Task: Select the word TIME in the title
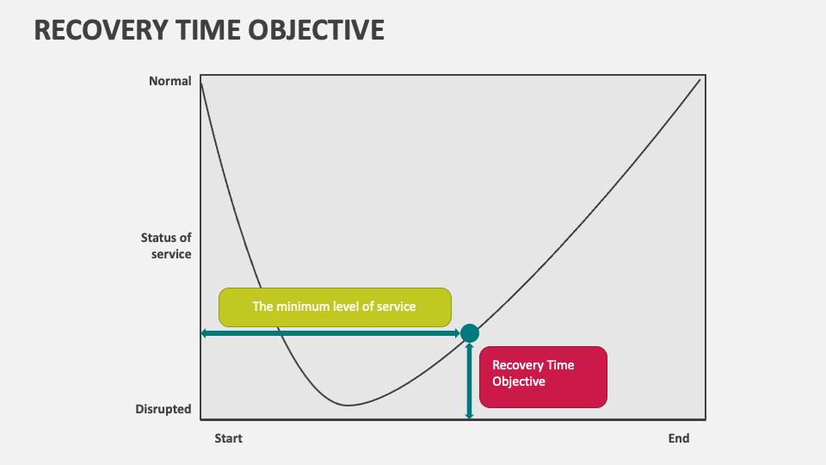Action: [x=208, y=30]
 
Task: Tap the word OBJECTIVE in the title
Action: [x=316, y=30]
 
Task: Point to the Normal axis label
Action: [x=170, y=81]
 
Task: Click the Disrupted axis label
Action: [x=163, y=408]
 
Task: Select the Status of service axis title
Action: [x=166, y=245]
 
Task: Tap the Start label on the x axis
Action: [x=228, y=438]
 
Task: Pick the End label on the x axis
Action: [x=679, y=438]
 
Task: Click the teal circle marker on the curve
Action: [x=470, y=333]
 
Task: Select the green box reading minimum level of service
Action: [x=335, y=307]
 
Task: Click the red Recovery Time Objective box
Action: [x=543, y=377]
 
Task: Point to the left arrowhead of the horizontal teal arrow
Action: [x=203, y=333]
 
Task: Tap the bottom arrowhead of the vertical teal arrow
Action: [x=470, y=418]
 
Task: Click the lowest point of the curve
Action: [x=348, y=405]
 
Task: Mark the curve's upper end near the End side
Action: [x=700, y=79]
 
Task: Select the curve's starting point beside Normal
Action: [x=201, y=84]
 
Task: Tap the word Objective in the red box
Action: [x=519, y=381]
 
